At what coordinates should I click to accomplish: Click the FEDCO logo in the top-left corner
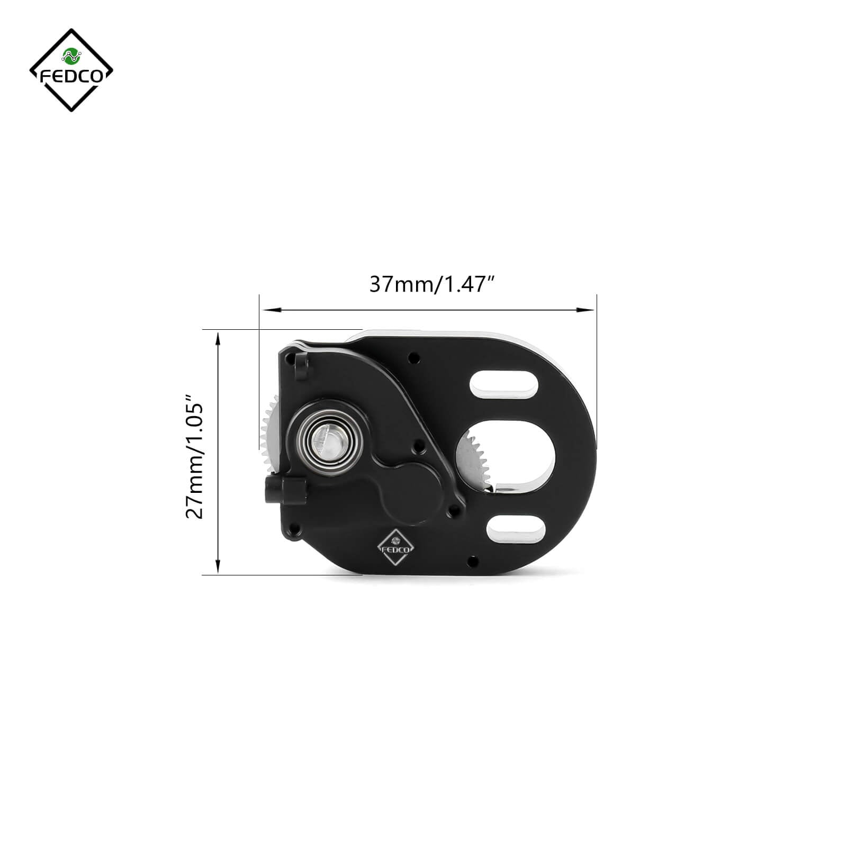(71, 70)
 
